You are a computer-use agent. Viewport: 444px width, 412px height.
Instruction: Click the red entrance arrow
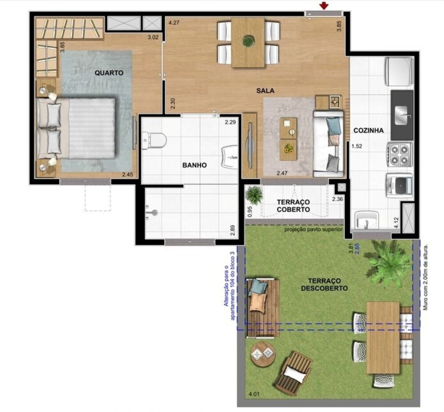(x=325, y=5)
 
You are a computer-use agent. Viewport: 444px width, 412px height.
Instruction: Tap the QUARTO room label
(x=108, y=73)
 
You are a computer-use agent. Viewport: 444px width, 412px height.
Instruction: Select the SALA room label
(x=265, y=90)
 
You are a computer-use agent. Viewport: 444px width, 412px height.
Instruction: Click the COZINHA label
(x=369, y=131)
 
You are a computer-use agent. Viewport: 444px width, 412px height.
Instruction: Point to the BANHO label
(x=194, y=165)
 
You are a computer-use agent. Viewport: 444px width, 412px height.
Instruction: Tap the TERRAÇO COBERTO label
(x=293, y=205)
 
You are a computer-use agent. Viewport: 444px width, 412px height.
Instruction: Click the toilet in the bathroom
(x=153, y=141)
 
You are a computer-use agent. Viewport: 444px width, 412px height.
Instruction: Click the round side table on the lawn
(x=262, y=354)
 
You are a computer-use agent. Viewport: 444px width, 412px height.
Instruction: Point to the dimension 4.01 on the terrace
(x=254, y=394)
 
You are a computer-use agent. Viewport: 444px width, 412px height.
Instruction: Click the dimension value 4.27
(x=174, y=23)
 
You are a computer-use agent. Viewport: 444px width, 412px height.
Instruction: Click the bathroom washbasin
(x=230, y=156)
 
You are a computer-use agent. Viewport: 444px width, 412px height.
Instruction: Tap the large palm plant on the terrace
(x=388, y=263)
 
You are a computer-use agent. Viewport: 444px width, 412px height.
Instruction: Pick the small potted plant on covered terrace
(x=254, y=194)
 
